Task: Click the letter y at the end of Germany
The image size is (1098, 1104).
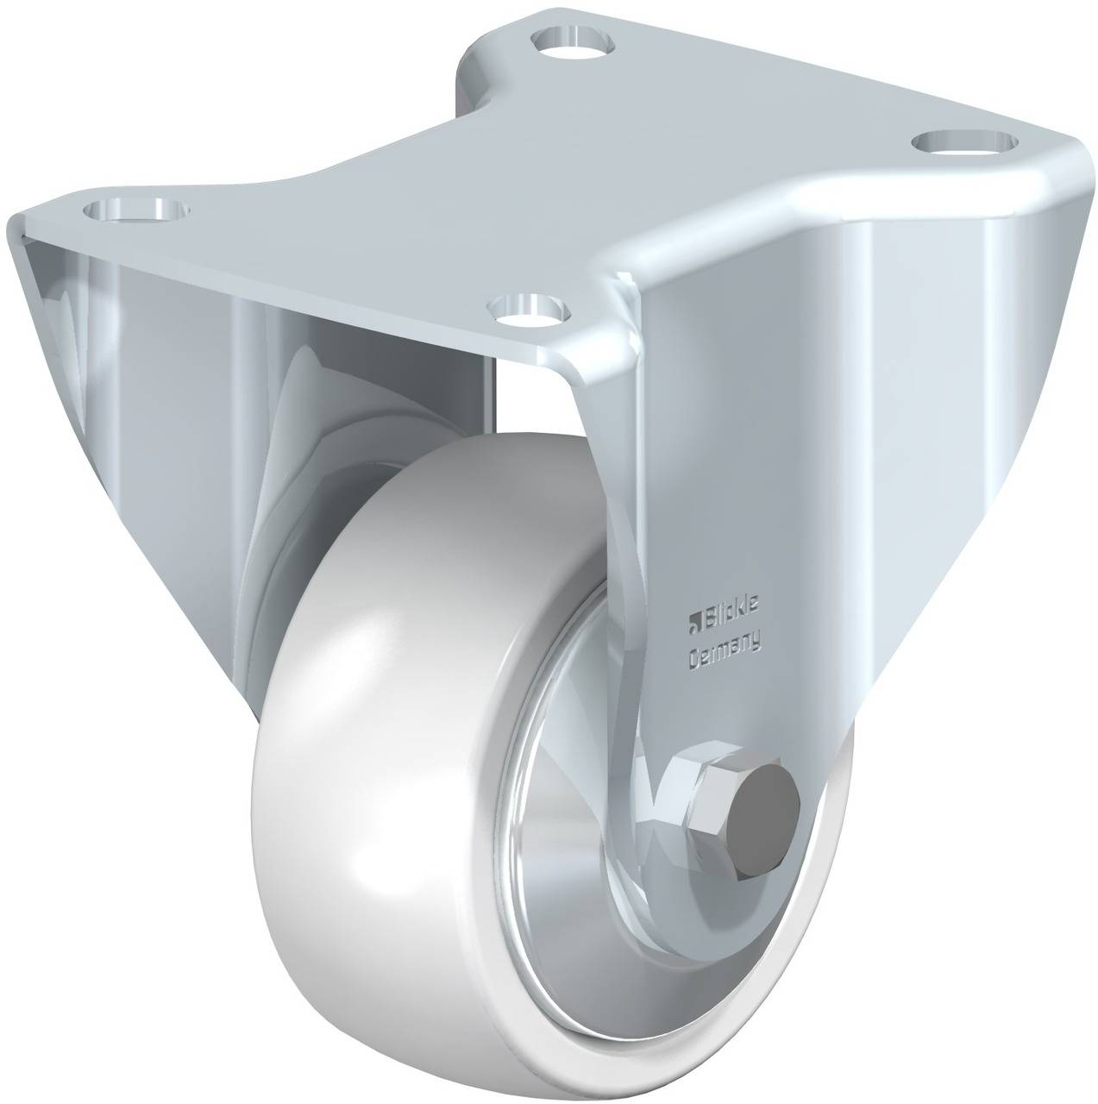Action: (x=756, y=641)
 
